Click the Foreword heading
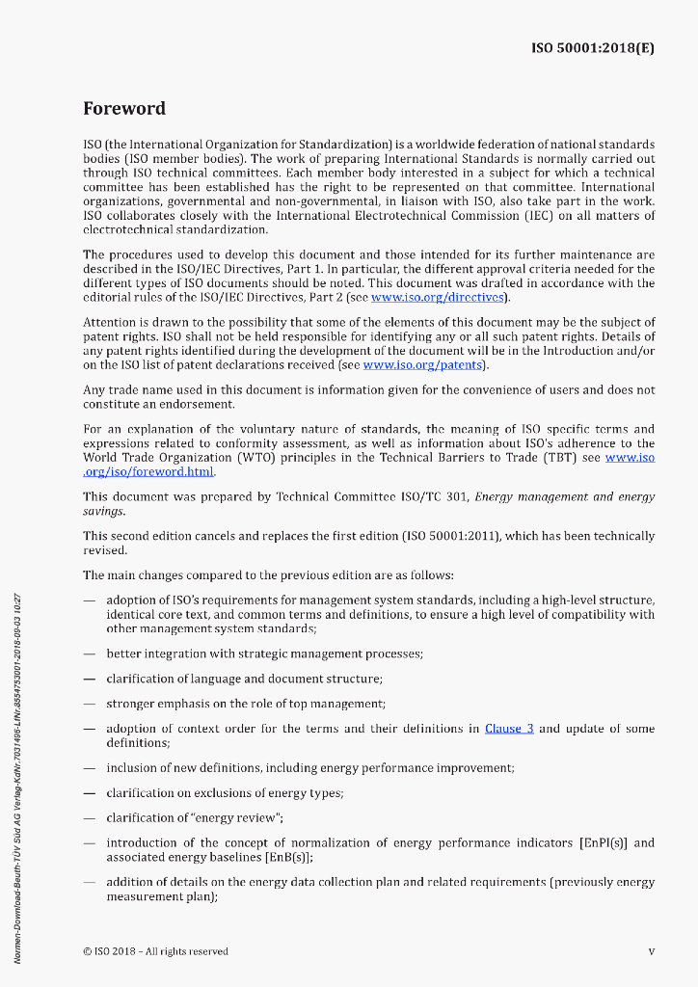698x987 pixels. click(x=124, y=109)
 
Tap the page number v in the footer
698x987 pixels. click(x=651, y=951)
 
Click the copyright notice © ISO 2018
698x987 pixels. click(x=155, y=951)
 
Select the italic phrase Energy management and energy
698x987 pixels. click(x=565, y=497)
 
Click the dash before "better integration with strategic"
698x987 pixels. click(x=89, y=654)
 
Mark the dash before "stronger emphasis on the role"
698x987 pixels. click(x=89, y=705)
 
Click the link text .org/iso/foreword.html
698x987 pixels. click(x=149, y=472)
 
